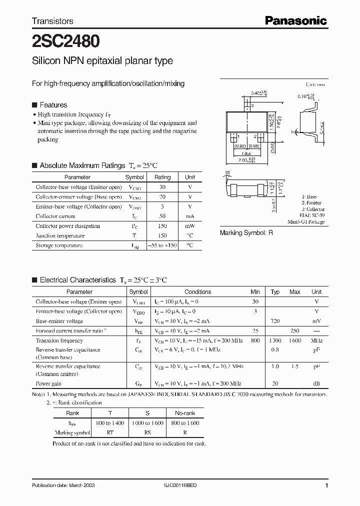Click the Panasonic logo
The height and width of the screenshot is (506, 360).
[295, 20]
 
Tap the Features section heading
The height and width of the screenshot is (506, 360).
[53, 105]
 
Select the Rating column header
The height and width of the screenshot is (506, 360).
[162, 177]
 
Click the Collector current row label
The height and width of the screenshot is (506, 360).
[55, 216]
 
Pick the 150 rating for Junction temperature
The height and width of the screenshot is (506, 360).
[162, 235]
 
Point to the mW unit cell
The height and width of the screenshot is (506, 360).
[190, 226]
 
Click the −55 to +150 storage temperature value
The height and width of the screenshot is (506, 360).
[162, 245]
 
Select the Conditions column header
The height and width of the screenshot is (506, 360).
[197, 292]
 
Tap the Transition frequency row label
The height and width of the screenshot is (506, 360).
[59, 340]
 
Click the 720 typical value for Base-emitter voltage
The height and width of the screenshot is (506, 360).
[275, 321]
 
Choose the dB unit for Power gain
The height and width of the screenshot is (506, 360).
[316, 384]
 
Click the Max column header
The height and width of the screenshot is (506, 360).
[295, 292]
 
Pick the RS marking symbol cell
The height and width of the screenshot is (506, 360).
[147, 432]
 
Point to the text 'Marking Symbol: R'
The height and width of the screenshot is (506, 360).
[246, 233]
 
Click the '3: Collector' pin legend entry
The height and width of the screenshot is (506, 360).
[313, 209]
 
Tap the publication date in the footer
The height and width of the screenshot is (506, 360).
[63, 485]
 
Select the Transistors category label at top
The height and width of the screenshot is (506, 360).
[52, 21]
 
